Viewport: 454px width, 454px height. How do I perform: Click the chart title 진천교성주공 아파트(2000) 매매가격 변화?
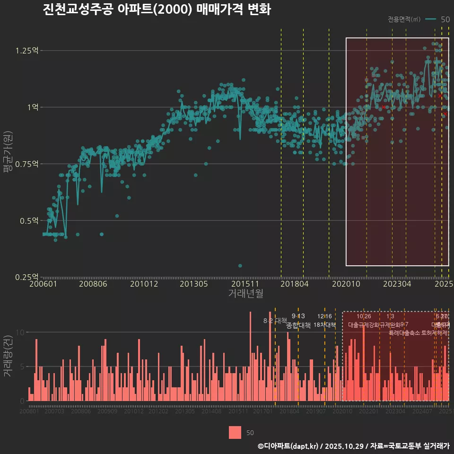click(x=157, y=9)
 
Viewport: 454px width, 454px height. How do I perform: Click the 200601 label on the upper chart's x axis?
click(x=43, y=284)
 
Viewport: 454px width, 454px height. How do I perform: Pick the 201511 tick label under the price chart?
click(x=244, y=284)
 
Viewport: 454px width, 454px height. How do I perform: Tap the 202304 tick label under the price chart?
click(x=397, y=284)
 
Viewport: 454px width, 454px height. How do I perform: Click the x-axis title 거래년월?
click(x=245, y=294)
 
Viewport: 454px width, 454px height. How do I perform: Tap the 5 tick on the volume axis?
click(x=21, y=367)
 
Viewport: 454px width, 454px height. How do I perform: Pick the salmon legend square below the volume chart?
click(x=235, y=432)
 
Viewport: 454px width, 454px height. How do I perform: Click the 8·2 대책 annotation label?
click(x=275, y=321)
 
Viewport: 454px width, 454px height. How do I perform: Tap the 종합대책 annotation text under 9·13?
click(x=298, y=325)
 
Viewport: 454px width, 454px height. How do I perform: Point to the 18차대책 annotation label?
click(x=324, y=325)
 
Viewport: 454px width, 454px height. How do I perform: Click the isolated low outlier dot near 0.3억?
click(x=240, y=266)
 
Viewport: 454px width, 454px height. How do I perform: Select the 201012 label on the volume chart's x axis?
click(x=134, y=411)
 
